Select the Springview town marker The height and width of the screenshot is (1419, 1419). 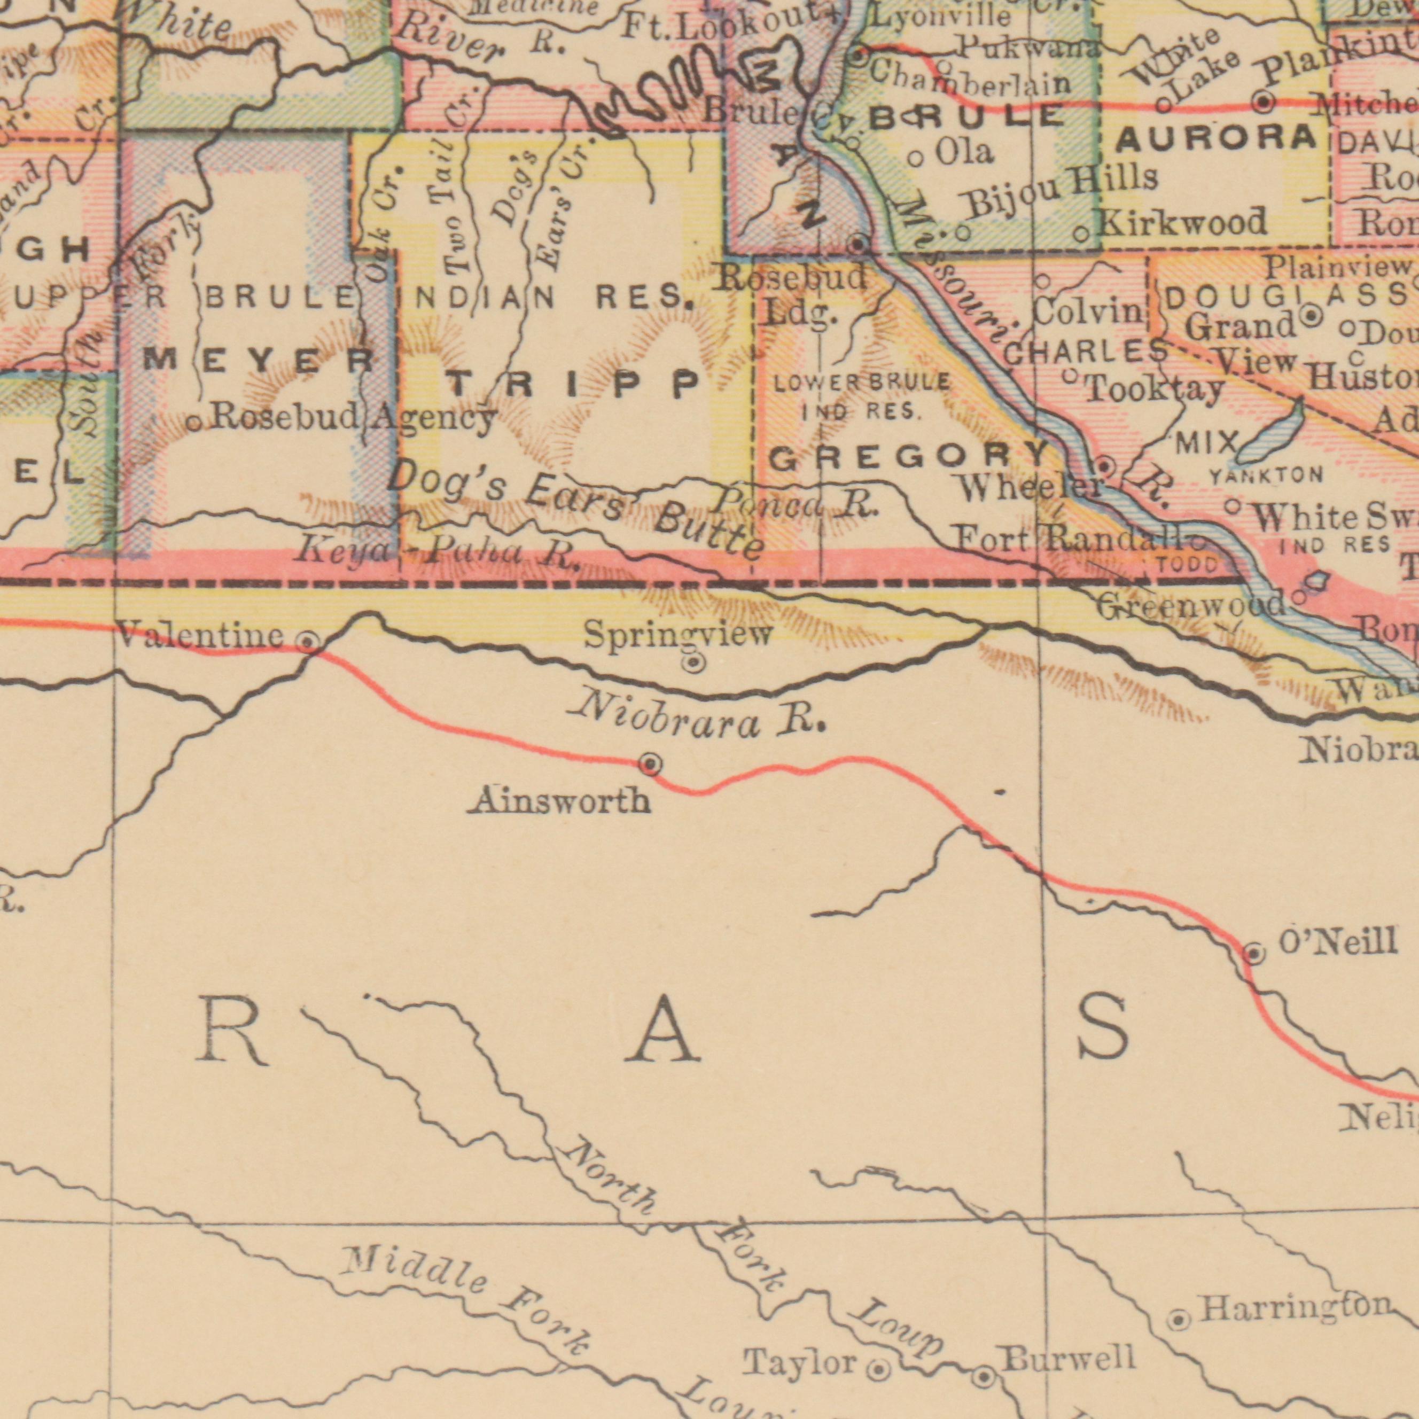point(693,664)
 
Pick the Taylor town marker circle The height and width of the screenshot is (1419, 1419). point(880,1349)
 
